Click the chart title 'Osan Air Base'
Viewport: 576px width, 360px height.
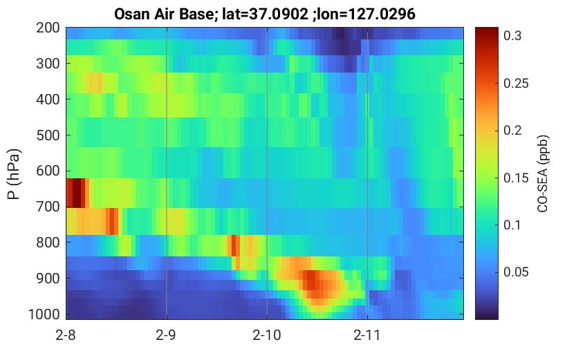pos(162,15)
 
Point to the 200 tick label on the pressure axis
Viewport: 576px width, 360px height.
pos(48,28)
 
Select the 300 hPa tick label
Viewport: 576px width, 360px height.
pos(48,64)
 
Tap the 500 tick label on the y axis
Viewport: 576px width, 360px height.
pos(48,135)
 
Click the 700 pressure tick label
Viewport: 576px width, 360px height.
pos(48,207)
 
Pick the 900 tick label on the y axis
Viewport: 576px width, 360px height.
pos(48,278)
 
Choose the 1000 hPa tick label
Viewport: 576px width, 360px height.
pos(44,314)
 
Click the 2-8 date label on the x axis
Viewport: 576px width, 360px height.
pos(66,335)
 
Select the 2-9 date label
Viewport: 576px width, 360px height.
pos(166,335)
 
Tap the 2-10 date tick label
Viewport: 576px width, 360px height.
pos(267,335)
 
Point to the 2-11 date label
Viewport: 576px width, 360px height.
pos(367,335)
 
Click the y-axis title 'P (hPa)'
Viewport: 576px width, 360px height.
pos(14,174)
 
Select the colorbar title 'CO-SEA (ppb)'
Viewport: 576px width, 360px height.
pos(543,174)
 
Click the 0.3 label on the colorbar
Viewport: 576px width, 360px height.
pos(512,36)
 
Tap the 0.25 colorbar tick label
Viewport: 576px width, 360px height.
pos(516,84)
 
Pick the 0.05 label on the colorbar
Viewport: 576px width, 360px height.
pos(516,272)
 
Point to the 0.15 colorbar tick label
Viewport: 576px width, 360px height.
pos(516,178)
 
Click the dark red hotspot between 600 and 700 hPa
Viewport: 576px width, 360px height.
pos(77,193)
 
